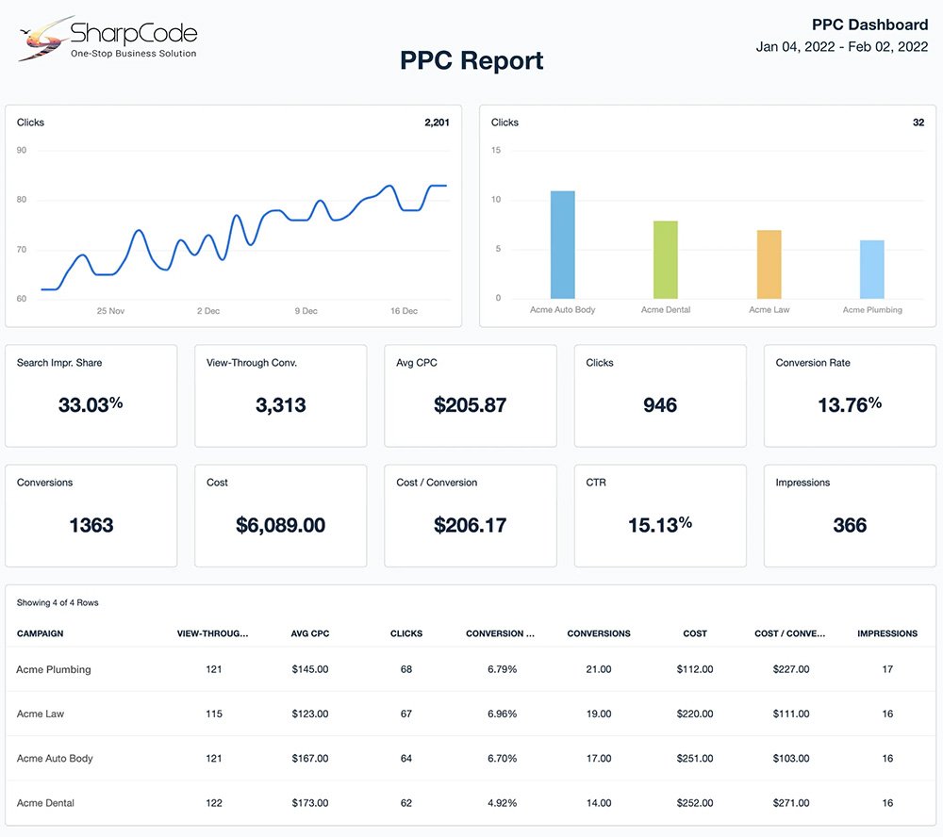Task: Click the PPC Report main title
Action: tap(471, 61)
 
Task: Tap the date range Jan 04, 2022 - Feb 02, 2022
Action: tap(842, 46)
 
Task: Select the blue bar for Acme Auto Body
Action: tap(563, 245)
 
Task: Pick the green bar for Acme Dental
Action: tap(666, 260)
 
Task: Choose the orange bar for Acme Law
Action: tap(769, 265)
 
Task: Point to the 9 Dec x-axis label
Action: tap(305, 311)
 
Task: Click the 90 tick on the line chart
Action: tap(22, 151)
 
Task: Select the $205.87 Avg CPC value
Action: tap(470, 405)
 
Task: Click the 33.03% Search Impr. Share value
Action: tap(91, 405)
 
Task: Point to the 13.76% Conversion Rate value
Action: tap(850, 405)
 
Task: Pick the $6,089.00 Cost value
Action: tap(280, 526)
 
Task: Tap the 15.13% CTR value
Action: tap(660, 525)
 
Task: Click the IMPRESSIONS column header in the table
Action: tap(887, 633)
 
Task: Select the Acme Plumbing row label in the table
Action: tap(54, 670)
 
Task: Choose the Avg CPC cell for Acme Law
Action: tap(310, 714)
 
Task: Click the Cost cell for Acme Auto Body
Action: tap(695, 759)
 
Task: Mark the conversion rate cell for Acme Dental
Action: tap(503, 803)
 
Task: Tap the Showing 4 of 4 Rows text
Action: tap(58, 602)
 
